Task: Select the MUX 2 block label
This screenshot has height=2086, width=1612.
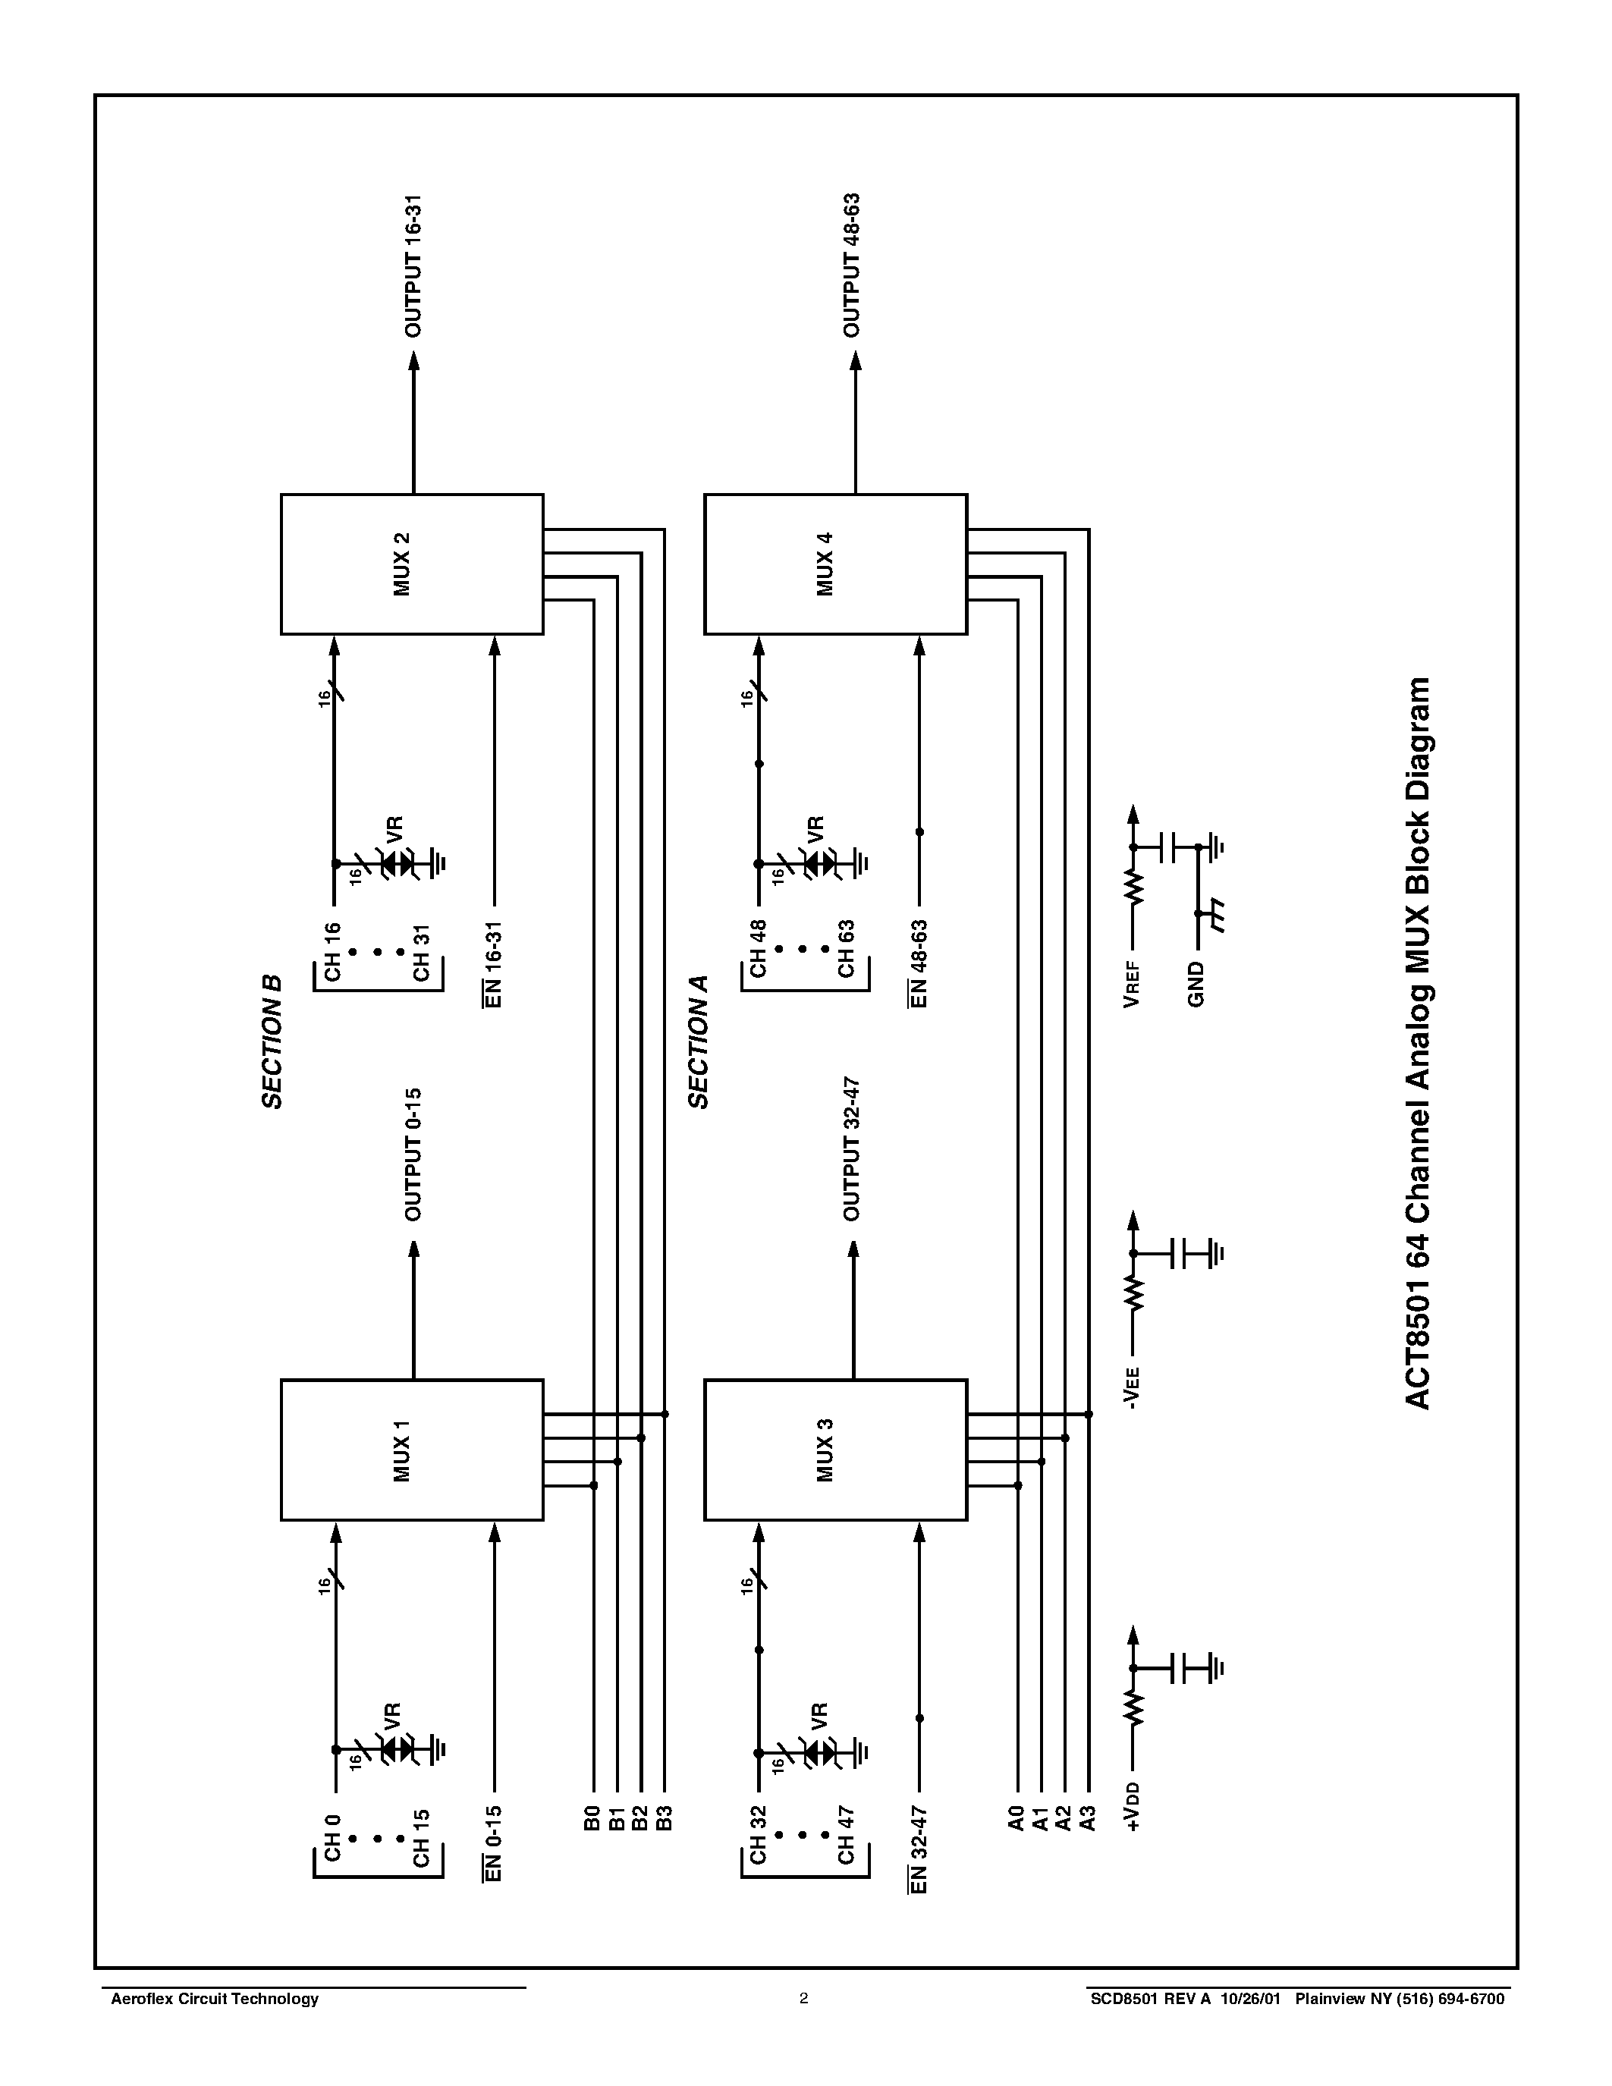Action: pyautogui.click(x=402, y=564)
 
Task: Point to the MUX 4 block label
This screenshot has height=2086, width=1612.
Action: pyautogui.click(x=826, y=564)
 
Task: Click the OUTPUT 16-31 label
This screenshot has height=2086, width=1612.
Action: pyautogui.click(x=413, y=266)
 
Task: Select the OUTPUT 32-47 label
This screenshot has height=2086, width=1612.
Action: pyautogui.click(x=852, y=1149)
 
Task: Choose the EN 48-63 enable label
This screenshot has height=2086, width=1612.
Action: pyautogui.click(x=919, y=963)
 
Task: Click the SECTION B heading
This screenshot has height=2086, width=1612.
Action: pyautogui.click(x=273, y=1042)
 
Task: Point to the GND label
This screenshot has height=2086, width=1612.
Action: pyautogui.click(x=1196, y=984)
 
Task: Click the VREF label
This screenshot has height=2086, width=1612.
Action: pyautogui.click(x=1133, y=985)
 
